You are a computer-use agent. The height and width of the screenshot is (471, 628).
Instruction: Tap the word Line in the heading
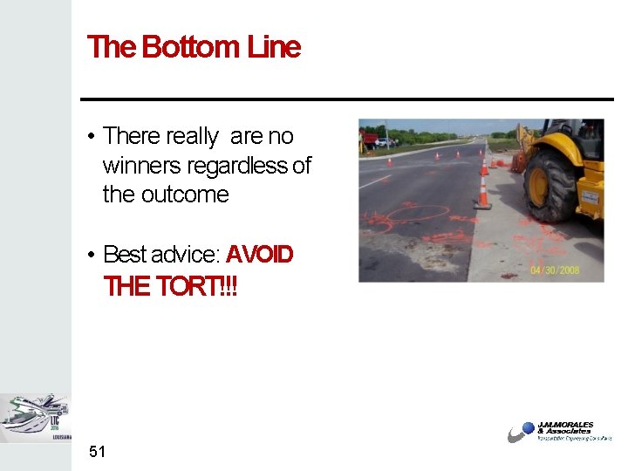274,47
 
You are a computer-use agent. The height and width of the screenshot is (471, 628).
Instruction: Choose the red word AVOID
260,255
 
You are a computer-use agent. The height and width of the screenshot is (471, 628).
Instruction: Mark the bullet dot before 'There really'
91,137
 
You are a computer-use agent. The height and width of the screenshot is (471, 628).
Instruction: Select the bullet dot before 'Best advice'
91,256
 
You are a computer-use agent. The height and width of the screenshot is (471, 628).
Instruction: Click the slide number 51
97,451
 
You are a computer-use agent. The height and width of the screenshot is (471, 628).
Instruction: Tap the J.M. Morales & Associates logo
559,432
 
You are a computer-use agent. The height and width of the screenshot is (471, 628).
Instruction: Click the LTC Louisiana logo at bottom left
36,418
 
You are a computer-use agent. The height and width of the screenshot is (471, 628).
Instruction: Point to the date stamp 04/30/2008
555,270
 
